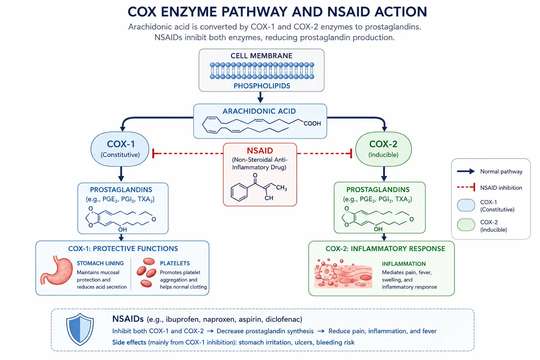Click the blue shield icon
pyautogui.click(x=80, y=329)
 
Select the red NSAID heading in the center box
pyautogui.click(x=260, y=151)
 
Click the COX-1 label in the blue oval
pyautogui.click(x=121, y=144)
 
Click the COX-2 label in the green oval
pyautogui.click(x=383, y=144)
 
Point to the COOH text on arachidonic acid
pyautogui.click(x=312, y=123)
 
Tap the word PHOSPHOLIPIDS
pyautogui.click(x=262, y=86)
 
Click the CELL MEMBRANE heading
pyautogui.click(x=261, y=56)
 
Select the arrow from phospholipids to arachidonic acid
pyautogui.click(x=261, y=97)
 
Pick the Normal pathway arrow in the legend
pyautogui.click(x=466, y=172)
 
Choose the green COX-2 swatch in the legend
pyautogui.click(x=466, y=225)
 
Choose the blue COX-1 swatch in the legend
pyautogui.click(x=466, y=205)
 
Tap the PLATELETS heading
pyautogui.click(x=175, y=263)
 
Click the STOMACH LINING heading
pyautogui.click(x=100, y=263)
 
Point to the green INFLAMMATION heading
pyautogui.click(x=404, y=264)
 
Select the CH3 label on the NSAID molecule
pyautogui.click(x=281, y=188)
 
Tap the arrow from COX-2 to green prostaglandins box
pyautogui.click(x=384, y=174)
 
